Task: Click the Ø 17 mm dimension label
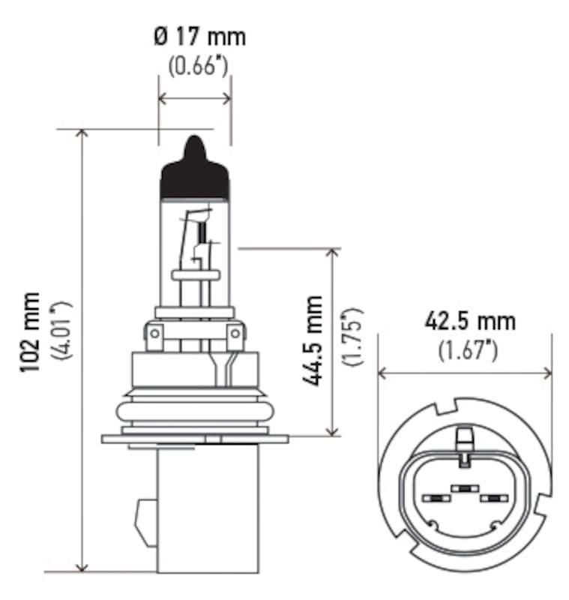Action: tap(199, 36)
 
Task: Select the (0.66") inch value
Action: tap(197, 66)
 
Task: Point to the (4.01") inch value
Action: tap(60, 331)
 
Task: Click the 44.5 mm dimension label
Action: tap(313, 340)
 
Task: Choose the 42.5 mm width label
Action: tap(470, 321)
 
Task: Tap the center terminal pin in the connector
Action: tap(465, 489)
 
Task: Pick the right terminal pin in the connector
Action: tap(493, 498)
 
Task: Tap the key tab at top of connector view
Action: tap(465, 438)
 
